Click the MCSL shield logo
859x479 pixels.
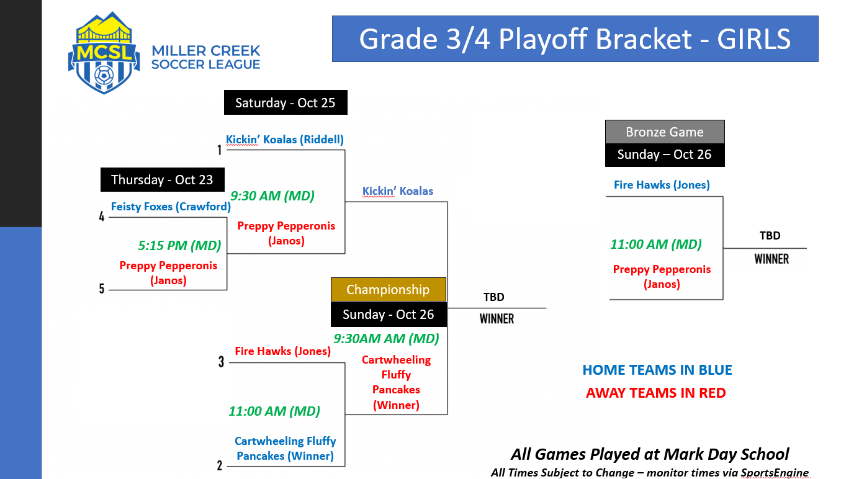point(104,53)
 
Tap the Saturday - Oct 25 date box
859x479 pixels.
point(286,102)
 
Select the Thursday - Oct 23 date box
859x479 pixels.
point(162,179)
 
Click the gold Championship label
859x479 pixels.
point(388,290)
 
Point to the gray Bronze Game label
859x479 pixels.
point(665,132)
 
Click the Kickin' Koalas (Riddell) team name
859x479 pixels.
point(284,139)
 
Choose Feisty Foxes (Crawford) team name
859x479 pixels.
point(171,207)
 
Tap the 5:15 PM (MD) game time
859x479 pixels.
point(179,246)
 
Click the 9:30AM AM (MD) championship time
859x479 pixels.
point(386,338)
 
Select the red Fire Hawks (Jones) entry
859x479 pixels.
point(282,351)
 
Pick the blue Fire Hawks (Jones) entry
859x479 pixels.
point(662,184)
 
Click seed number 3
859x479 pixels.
point(222,362)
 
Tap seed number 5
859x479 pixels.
point(102,289)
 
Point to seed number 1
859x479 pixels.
point(219,150)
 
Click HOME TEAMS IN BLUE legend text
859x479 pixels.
point(657,370)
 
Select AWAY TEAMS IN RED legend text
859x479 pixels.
point(656,393)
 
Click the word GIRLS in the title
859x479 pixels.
point(753,39)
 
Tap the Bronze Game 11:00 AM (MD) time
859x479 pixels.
point(656,244)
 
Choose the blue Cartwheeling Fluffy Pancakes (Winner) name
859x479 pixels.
point(285,449)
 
